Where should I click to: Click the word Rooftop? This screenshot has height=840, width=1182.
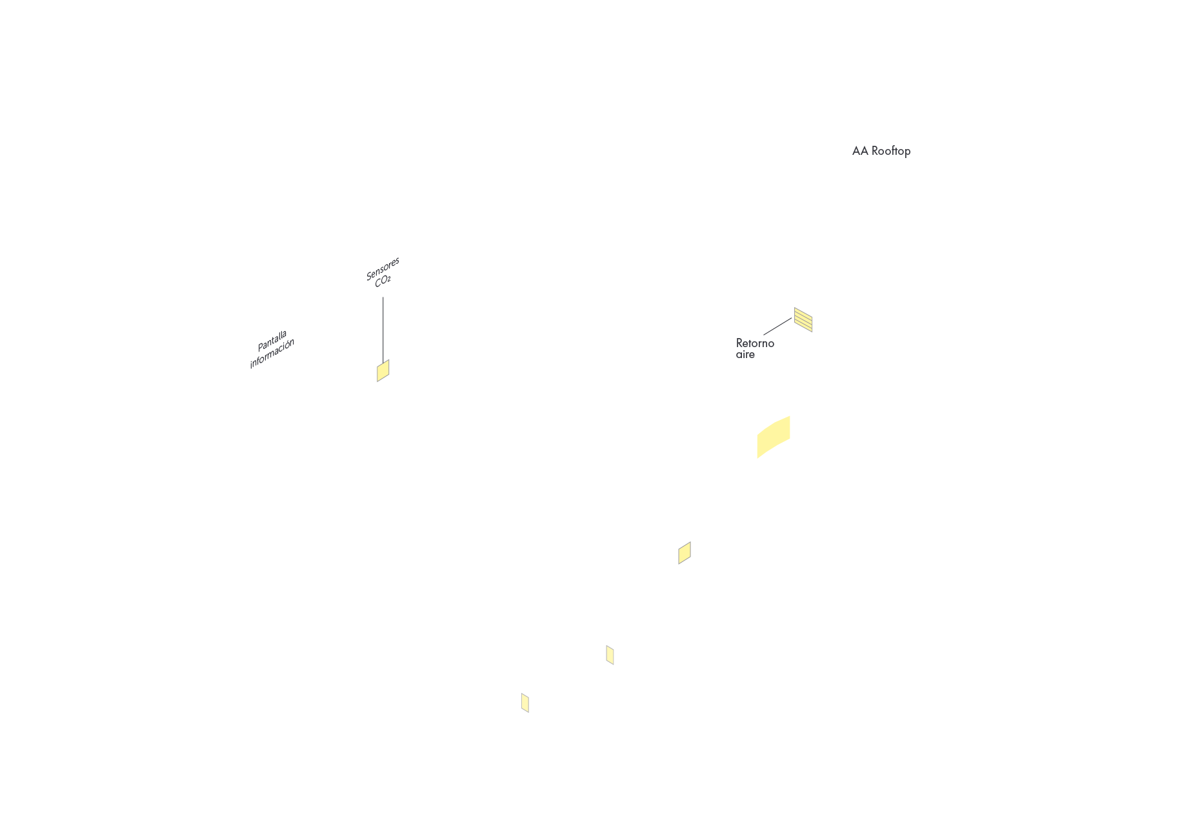pos(891,151)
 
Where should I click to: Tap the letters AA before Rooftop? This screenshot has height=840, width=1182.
pos(860,151)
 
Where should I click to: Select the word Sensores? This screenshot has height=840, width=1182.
pos(383,269)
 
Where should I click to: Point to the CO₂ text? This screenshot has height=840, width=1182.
pos(383,281)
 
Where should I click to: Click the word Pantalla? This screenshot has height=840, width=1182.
pos(272,341)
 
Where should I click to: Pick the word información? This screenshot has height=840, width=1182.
pos(272,354)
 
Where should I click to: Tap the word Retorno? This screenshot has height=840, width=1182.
pos(755,343)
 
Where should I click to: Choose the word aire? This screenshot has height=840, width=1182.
pos(745,355)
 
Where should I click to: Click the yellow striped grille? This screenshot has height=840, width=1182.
pos(803,319)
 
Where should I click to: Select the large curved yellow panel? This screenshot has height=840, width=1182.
pos(773,437)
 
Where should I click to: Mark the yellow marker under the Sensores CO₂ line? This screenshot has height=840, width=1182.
pos(383,371)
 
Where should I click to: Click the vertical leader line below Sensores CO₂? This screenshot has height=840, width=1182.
pos(383,329)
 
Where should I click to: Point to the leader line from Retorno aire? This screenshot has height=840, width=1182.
pos(777,326)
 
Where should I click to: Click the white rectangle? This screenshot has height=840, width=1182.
pos(785,686)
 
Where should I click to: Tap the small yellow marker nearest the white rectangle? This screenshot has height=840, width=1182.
pos(610,655)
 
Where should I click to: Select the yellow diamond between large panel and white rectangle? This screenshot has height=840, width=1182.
pos(685,553)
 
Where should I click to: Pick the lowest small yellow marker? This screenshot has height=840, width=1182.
pos(525,703)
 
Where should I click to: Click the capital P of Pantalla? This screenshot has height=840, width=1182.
pos(261,347)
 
